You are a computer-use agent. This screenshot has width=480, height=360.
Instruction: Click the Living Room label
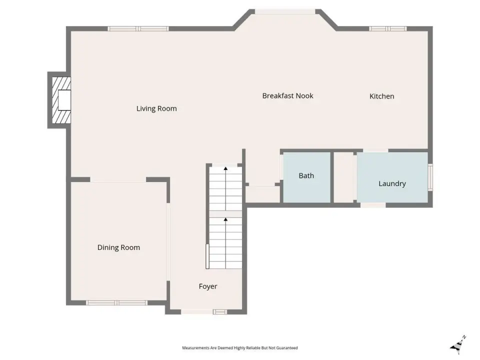coord(156,108)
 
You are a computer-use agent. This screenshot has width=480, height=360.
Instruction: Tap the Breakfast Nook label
coord(288,96)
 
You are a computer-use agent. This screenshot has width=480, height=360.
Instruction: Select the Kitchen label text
coord(381,96)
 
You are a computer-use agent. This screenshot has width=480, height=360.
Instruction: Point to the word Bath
coord(306,175)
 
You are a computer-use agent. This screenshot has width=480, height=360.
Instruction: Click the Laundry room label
coord(392,183)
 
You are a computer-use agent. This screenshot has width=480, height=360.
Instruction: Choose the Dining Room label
coord(119,247)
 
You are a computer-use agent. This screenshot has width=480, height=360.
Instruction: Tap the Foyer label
coord(208,286)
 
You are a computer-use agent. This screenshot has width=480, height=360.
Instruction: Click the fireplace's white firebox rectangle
coord(64,100)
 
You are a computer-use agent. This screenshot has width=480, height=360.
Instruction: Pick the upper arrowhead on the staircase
coord(225,168)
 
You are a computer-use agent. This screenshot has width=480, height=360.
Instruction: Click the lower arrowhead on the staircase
coord(225,219)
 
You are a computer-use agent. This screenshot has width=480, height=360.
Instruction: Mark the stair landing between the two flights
coord(225,214)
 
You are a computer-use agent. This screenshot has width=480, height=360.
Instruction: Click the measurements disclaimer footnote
coord(240,348)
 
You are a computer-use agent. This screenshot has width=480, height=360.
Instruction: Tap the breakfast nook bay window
coord(285,11)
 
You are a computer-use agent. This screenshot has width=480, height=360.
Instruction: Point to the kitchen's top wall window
coord(388,29)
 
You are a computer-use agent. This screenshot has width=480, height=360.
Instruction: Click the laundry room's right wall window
coord(430,177)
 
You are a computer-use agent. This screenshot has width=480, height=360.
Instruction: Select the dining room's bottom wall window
coord(116,303)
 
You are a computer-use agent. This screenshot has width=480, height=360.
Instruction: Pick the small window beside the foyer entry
coord(220,312)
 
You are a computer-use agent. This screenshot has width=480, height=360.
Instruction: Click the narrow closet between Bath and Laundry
coord(343,177)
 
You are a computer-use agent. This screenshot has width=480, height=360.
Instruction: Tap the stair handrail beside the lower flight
coord(207,256)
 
